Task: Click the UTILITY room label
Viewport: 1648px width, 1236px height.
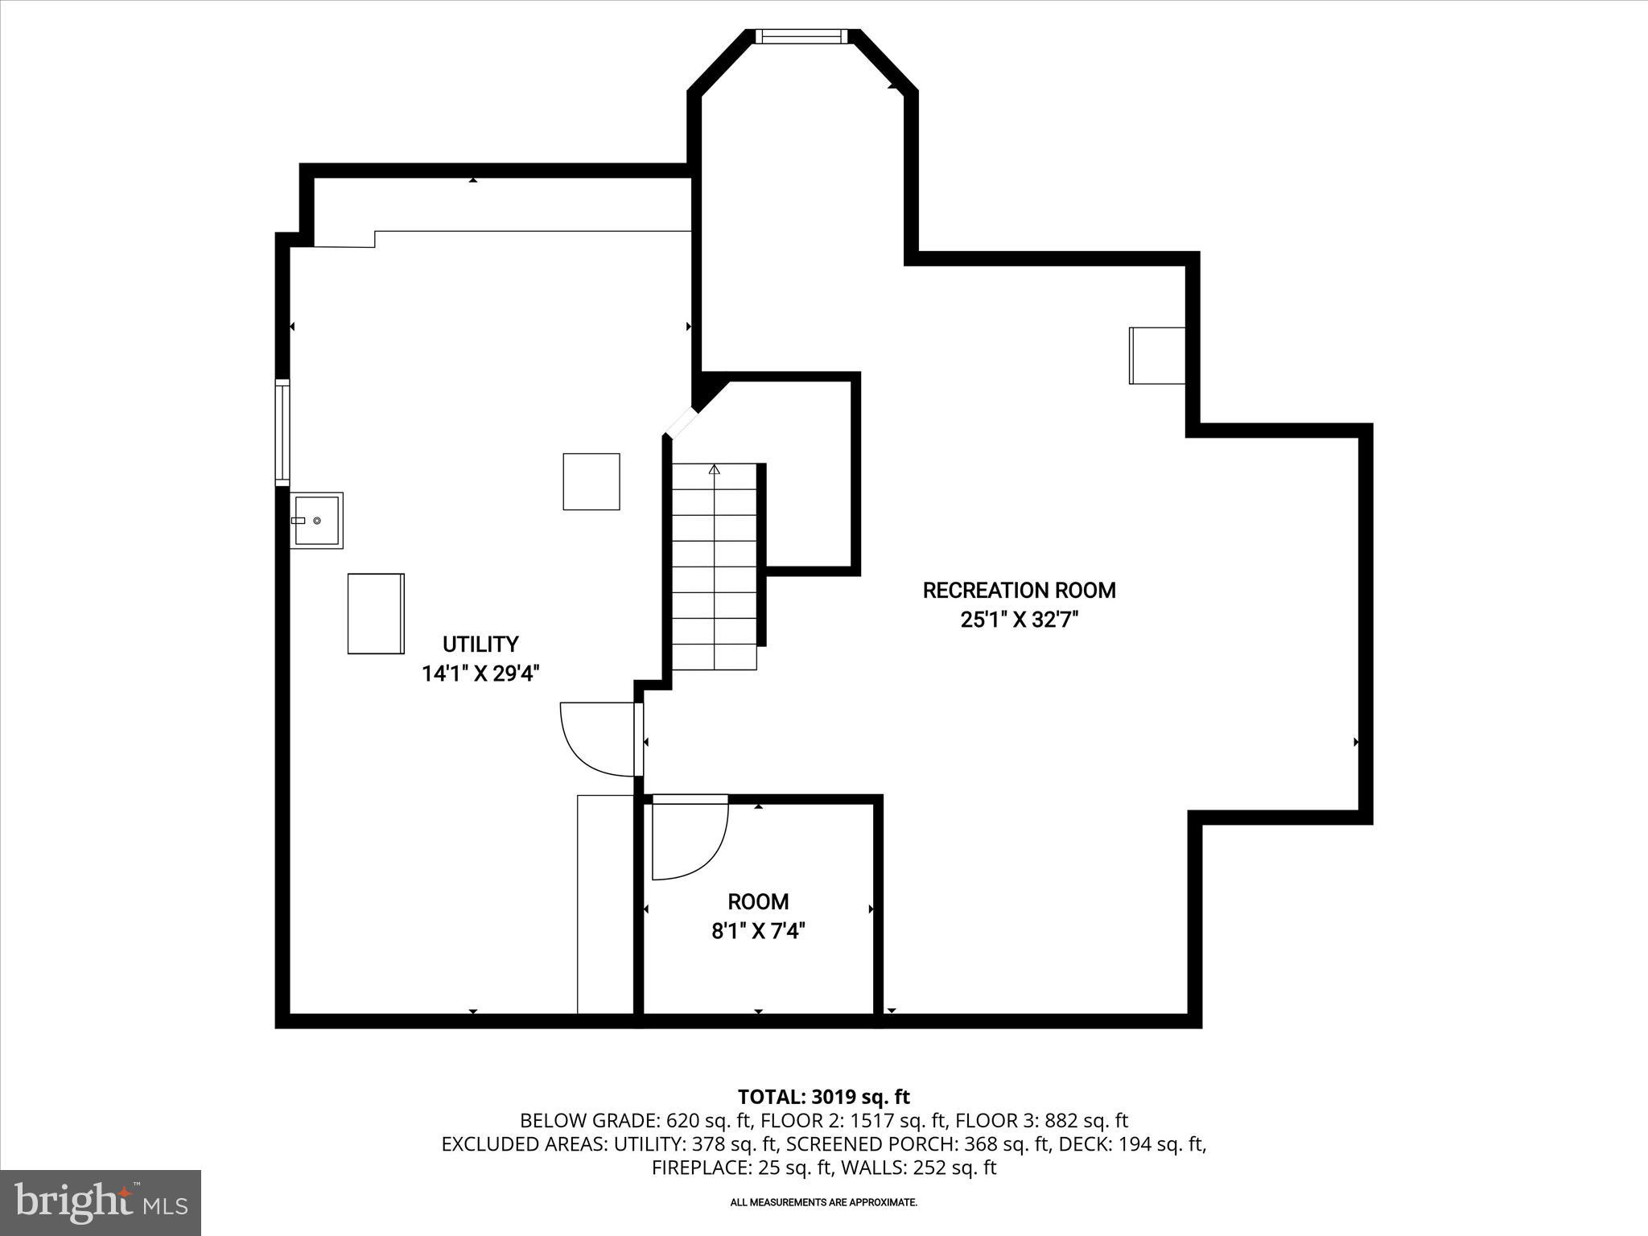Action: click(480, 644)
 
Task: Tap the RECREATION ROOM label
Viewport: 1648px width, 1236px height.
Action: click(1019, 591)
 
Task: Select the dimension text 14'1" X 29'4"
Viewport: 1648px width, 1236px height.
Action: click(480, 674)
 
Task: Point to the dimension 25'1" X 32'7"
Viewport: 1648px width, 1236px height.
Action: click(1019, 620)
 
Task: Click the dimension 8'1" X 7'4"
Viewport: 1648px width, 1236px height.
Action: click(758, 932)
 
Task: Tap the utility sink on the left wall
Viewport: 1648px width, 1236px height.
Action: click(317, 521)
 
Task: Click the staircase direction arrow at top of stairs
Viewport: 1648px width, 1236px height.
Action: click(714, 469)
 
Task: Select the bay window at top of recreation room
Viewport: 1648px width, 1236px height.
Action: click(801, 35)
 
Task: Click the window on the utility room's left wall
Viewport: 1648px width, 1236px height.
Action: click(282, 432)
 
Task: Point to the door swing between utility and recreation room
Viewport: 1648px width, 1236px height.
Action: click(597, 739)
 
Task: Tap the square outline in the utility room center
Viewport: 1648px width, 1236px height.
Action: click(591, 481)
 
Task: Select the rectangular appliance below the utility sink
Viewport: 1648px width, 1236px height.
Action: click(376, 613)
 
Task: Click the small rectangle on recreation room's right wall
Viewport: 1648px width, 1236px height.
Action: click(1157, 356)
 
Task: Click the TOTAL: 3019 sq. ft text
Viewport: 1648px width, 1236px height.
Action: click(823, 1097)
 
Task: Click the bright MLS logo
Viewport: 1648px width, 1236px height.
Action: click(101, 1202)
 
